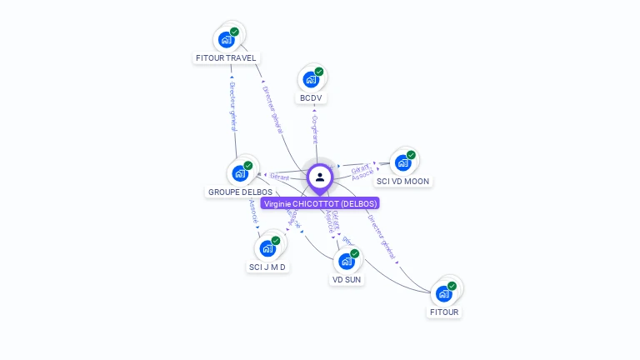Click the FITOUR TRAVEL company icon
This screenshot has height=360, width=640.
point(226,39)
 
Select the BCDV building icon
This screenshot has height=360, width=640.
point(311,80)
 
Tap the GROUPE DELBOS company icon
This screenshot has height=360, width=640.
point(239,173)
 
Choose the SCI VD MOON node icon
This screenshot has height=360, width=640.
point(403,162)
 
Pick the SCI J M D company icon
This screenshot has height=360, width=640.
point(267,248)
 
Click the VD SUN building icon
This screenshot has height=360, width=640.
point(346,261)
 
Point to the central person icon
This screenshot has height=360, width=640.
point(320,177)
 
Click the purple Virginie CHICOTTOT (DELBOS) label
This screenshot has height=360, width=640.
point(320,203)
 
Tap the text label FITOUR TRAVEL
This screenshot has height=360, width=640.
point(226,58)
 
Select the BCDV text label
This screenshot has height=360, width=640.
point(311,98)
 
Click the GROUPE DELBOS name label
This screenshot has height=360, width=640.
point(240,192)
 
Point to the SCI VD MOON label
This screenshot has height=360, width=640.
point(403,181)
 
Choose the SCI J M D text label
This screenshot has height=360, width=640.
point(267,267)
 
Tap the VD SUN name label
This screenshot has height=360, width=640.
point(346,280)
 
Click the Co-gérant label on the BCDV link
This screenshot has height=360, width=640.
point(315,129)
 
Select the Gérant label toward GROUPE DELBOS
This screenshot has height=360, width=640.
point(280,177)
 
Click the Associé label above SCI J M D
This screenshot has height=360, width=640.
point(253,212)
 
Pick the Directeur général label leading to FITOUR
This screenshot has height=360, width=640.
point(381,237)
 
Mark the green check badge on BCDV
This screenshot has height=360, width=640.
point(319,72)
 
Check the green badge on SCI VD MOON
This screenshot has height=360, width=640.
point(412,154)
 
